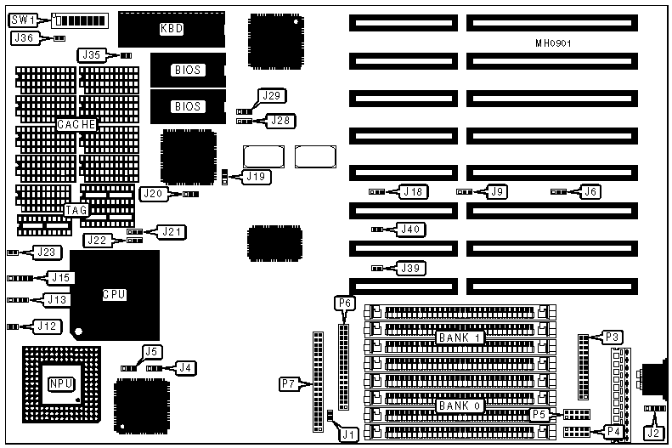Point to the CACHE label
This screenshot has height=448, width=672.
[76, 124]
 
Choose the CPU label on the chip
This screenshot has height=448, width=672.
[115, 295]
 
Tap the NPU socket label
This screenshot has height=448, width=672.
[59, 383]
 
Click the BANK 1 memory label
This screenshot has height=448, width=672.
[460, 337]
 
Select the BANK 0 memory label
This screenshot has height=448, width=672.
[460, 406]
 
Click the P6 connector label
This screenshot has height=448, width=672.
[344, 303]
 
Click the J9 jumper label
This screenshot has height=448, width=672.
[498, 192]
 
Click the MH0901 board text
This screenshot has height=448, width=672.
[558, 43]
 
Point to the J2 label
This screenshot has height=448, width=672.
[652, 432]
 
